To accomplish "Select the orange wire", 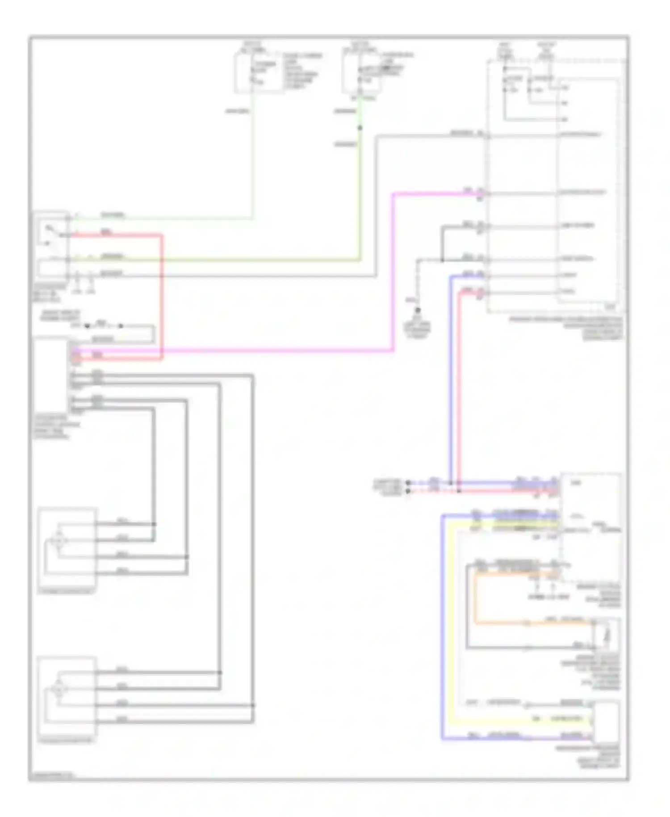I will click(x=475, y=599).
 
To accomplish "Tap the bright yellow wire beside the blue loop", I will click(x=451, y=626).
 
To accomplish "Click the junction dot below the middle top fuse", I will click(x=360, y=128).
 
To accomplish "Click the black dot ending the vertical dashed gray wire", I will click(x=418, y=310).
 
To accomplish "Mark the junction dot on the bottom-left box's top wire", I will click(x=220, y=672).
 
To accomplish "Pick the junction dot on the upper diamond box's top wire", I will click(x=154, y=524).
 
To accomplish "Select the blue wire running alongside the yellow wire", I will click(x=442, y=626).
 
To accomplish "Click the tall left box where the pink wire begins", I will click(x=50, y=375).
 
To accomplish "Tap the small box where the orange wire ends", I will click(x=607, y=635).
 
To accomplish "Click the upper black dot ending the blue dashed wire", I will click(x=408, y=483).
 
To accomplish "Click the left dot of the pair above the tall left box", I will click(x=87, y=326).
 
